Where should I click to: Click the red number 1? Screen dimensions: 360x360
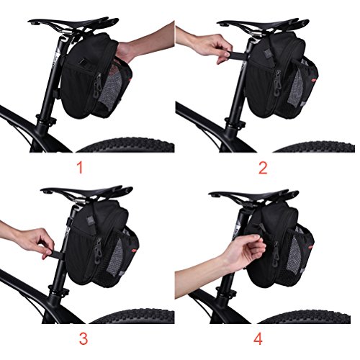click(x=81, y=167)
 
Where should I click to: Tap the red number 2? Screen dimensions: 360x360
click(x=263, y=168)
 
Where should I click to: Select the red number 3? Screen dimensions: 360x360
click(x=84, y=338)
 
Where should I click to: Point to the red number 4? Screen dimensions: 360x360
click(x=258, y=338)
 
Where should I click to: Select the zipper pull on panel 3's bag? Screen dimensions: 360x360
click(x=98, y=252)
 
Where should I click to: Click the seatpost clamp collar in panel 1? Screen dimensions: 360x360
click(x=45, y=120)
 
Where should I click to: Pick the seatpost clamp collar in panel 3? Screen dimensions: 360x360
click(x=58, y=290)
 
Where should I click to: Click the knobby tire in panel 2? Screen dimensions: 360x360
click(x=315, y=146)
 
